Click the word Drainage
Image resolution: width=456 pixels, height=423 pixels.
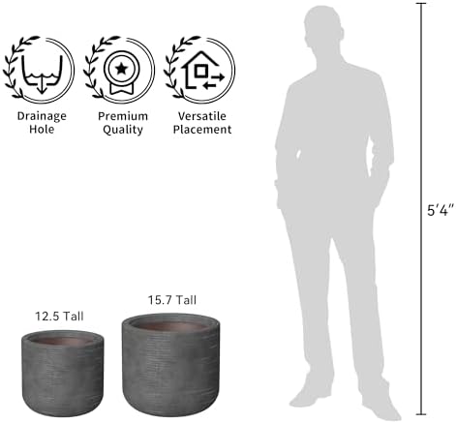pyautogui.click(x=42, y=116)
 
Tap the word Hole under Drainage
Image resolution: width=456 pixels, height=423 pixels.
pyautogui.click(x=42, y=130)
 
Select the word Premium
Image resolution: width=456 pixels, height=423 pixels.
pyautogui.click(x=123, y=116)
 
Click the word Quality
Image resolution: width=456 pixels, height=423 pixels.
pyautogui.click(x=123, y=130)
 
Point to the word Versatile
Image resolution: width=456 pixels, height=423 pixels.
pyautogui.click(x=202, y=116)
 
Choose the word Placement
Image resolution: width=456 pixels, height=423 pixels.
pyautogui.click(x=202, y=130)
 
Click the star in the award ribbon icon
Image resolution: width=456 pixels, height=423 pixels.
pyautogui.click(x=122, y=69)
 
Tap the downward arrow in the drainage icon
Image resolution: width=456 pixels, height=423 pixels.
pyautogui.click(x=41, y=87)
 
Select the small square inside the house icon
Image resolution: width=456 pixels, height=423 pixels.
pyautogui.click(x=201, y=71)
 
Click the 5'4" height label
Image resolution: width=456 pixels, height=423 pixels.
pyautogui.click(x=441, y=210)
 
